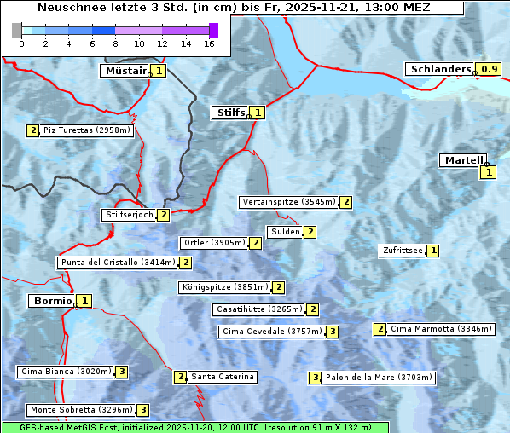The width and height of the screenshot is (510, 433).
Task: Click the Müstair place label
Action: coord(125,71)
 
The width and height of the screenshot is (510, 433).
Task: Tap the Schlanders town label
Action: coord(440,69)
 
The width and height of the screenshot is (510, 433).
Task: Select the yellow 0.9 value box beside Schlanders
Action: coord(488,69)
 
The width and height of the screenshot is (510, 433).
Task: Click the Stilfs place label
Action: coord(229,112)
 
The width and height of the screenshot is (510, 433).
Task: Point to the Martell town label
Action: coord(463,160)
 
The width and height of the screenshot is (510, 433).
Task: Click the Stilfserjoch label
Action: coord(128,215)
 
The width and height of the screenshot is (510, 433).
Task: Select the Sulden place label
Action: coord(285,232)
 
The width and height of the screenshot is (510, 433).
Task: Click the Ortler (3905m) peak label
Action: coord(213,243)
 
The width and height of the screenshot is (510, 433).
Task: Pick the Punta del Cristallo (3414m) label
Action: coord(118,263)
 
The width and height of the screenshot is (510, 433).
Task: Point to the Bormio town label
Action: coord(51,301)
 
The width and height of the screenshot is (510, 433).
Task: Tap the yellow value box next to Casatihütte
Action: coord(313,309)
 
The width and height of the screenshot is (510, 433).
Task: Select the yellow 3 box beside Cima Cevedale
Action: coord(332,332)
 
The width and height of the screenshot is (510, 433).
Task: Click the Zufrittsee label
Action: coord(402,251)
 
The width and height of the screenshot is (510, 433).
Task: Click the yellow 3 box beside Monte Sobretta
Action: coord(143,410)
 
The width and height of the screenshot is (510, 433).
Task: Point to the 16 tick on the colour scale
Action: coord(209,43)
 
